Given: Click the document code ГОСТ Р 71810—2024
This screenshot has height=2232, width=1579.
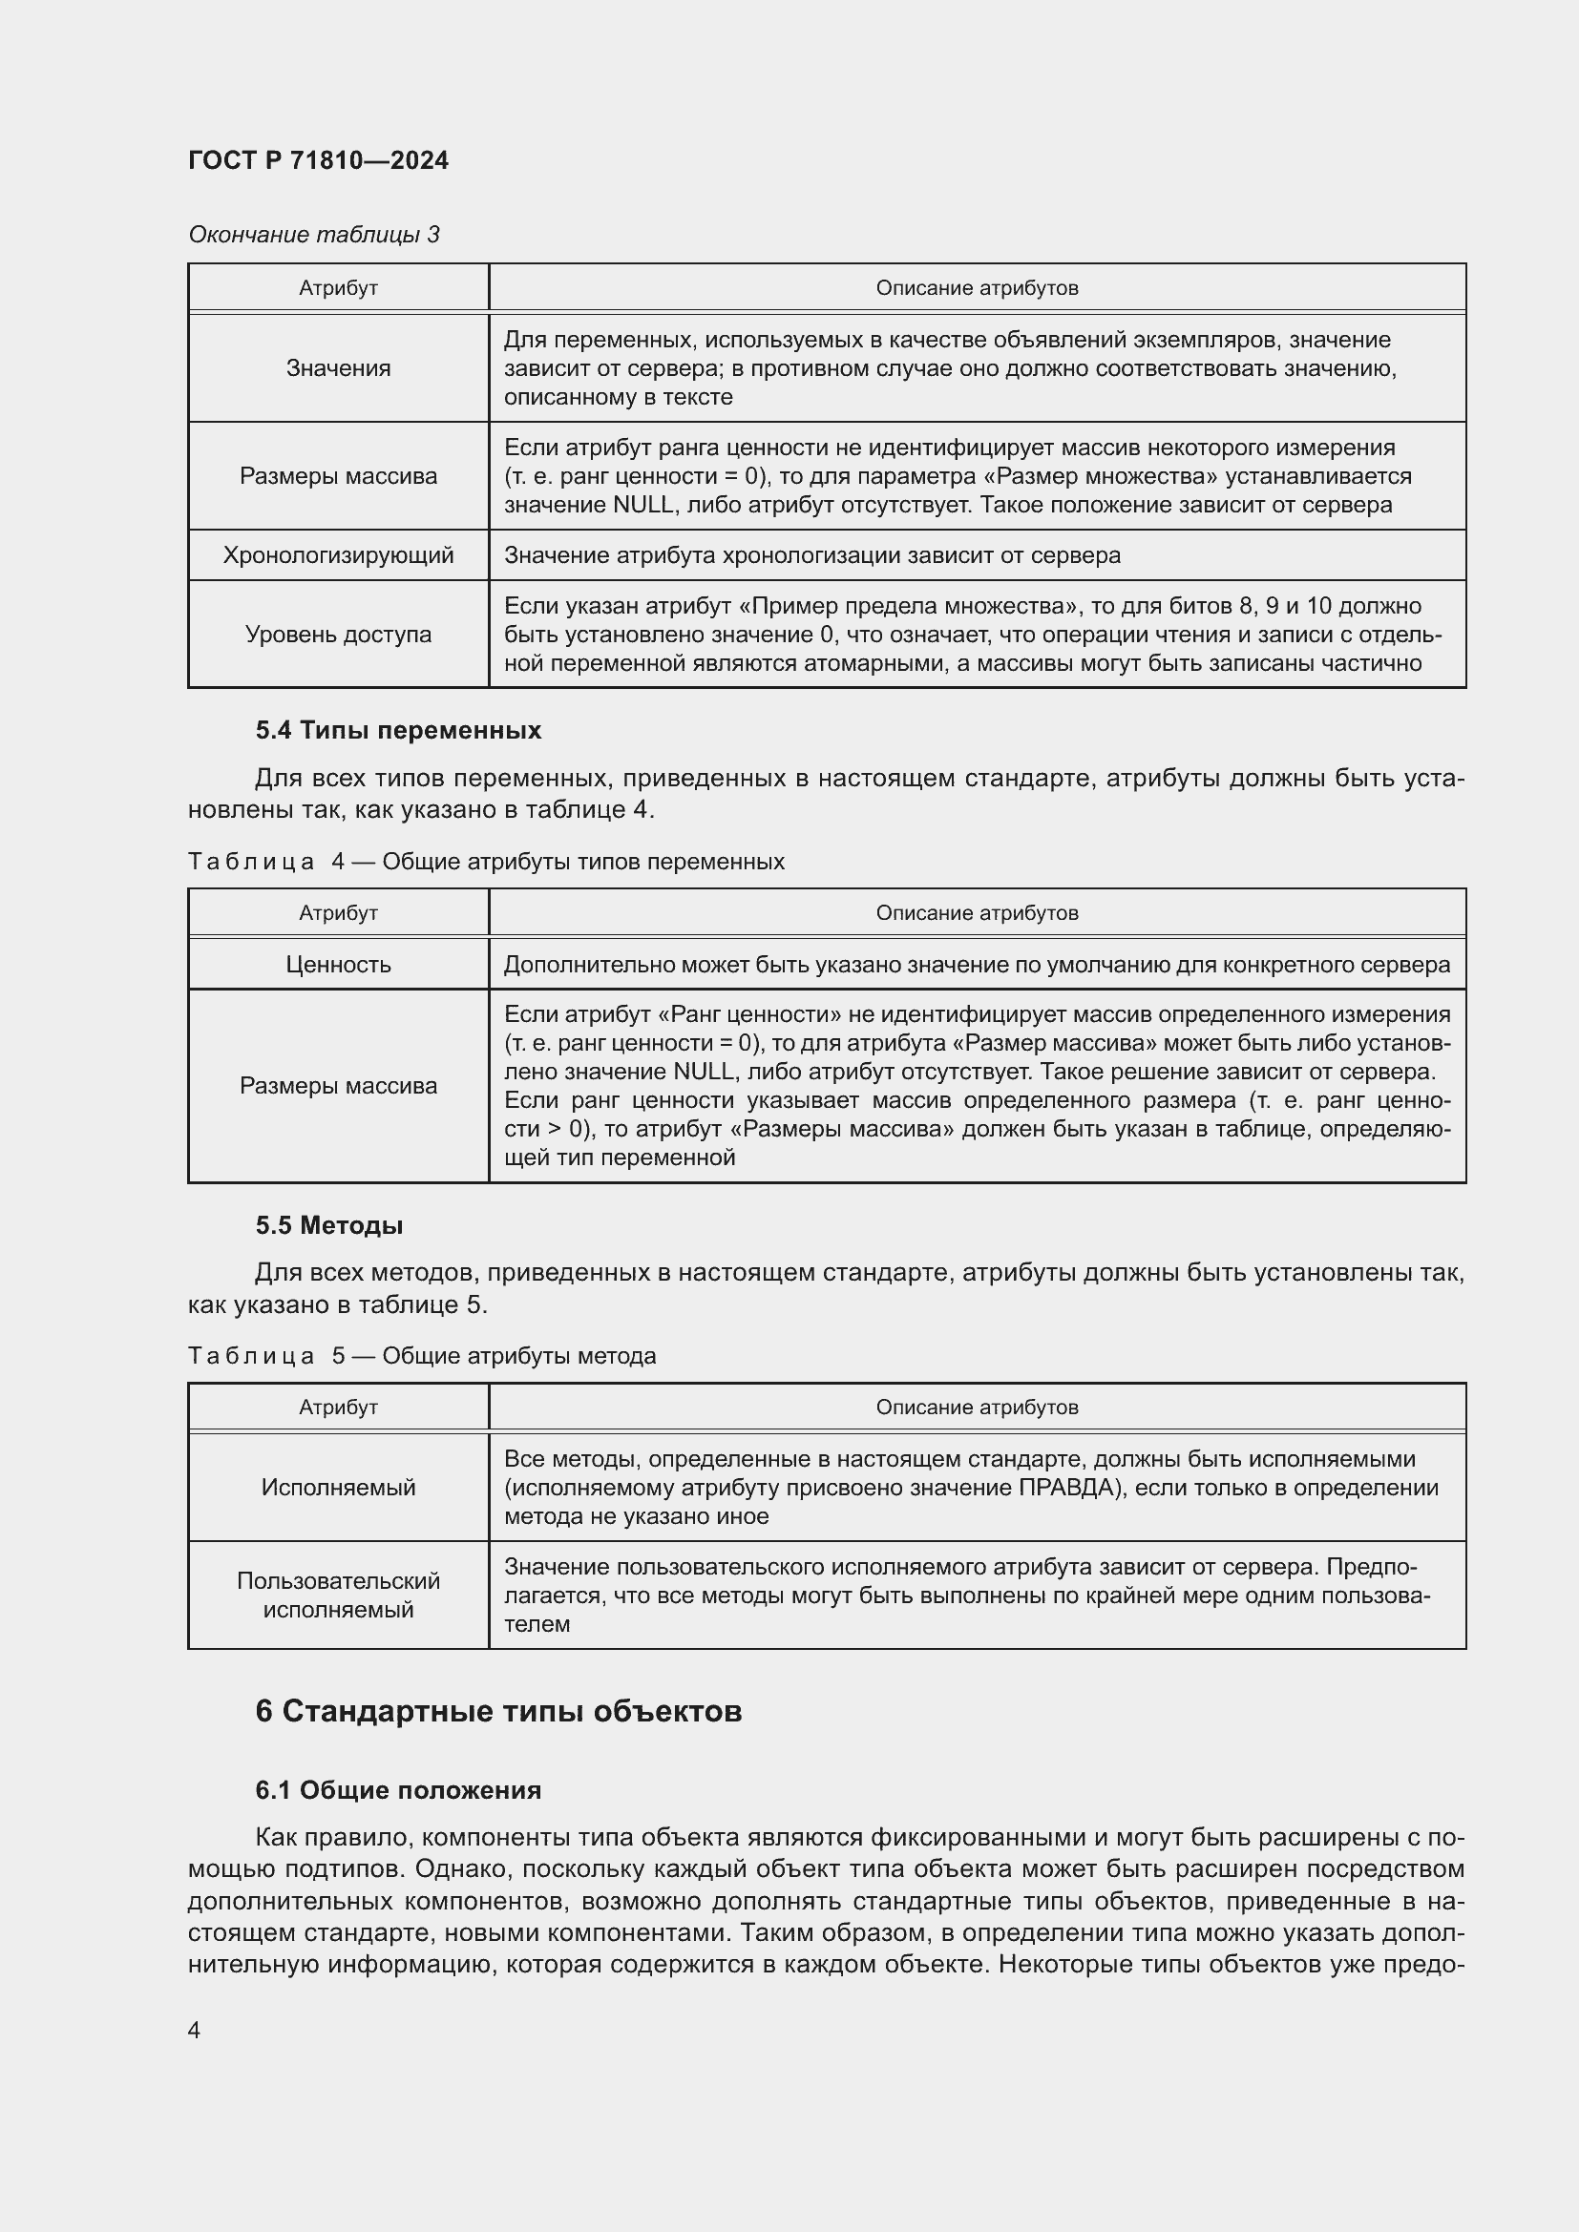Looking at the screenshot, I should click(318, 161).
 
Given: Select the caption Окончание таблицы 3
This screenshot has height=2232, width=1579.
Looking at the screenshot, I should click(313, 235).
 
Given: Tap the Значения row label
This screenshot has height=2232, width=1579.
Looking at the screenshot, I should click(337, 368).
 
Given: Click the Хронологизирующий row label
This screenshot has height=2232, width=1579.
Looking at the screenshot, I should click(337, 555).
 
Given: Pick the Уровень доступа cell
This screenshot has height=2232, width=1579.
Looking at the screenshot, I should click(337, 635).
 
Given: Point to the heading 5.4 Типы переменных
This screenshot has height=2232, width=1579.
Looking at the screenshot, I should click(398, 730).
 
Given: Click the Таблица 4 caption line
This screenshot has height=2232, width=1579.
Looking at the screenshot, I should click(486, 862).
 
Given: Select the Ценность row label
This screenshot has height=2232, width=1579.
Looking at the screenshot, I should click(337, 965).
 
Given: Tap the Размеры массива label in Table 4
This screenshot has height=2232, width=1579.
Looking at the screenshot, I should click(337, 1086).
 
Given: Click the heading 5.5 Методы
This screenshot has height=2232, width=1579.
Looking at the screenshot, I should click(328, 1225).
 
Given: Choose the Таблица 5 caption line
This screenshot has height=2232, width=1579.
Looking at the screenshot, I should click(422, 1355).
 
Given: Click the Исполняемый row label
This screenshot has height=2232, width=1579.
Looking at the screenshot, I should click(337, 1488).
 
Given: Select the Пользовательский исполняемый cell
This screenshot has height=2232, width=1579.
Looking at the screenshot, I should click(337, 1595).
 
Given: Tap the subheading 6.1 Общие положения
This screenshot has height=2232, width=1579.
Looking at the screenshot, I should click(398, 1789).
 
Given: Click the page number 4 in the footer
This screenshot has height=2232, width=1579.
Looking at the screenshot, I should click(195, 2030).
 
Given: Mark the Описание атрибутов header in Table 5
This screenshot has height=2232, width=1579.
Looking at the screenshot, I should click(977, 1407).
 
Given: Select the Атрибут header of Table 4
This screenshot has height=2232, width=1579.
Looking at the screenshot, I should click(337, 913).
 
